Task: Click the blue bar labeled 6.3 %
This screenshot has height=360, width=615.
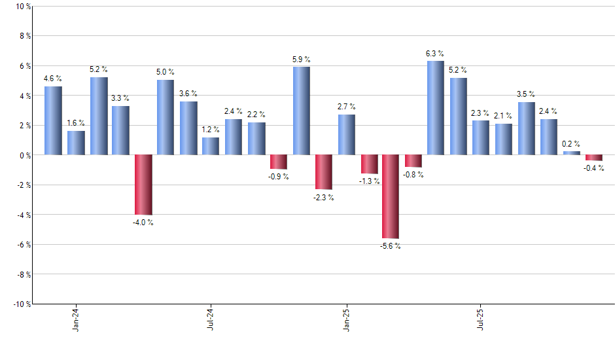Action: click(435, 108)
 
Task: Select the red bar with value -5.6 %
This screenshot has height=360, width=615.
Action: click(391, 196)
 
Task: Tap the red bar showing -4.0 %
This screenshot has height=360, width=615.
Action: click(143, 185)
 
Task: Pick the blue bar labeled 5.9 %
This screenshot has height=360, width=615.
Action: click(301, 111)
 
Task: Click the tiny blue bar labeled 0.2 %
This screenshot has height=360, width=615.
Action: click(571, 153)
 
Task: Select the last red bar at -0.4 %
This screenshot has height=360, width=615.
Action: click(593, 158)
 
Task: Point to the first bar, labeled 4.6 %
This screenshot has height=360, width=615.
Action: click(53, 120)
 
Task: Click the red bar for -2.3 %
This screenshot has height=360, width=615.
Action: click(323, 172)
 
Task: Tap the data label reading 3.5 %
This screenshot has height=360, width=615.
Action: click(526, 94)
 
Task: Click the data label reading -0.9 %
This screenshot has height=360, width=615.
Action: click(278, 177)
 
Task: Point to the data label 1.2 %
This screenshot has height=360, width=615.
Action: click(211, 130)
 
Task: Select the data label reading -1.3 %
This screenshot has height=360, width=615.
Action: click(369, 181)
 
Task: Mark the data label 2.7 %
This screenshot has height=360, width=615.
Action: click(346, 107)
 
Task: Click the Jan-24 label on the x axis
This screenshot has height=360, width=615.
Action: click(76, 319)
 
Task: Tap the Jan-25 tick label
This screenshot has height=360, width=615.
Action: click(346, 319)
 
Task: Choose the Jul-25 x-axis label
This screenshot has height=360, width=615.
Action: click(481, 319)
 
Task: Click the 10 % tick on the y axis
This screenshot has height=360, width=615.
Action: click(22, 7)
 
